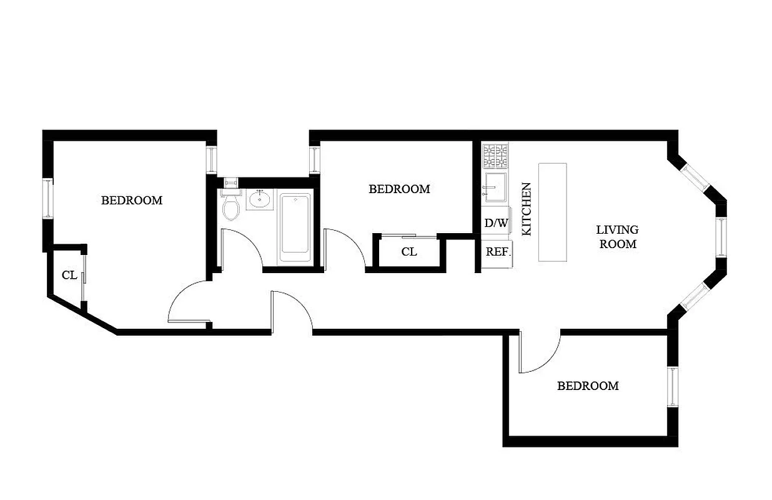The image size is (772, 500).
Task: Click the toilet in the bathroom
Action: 231,206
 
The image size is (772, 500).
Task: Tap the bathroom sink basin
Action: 259,200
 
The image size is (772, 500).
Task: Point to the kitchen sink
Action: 497,185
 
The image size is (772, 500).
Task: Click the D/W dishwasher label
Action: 496,223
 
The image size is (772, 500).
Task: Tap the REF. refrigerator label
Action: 498,252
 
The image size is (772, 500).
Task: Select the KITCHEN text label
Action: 526,209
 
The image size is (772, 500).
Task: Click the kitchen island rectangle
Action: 553,212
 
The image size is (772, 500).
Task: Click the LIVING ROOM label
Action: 617,237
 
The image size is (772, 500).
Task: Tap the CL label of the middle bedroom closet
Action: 409,252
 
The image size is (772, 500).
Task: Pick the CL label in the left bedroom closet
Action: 69,275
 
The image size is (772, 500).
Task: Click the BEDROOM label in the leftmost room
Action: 132,201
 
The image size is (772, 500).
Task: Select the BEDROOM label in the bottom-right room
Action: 588,386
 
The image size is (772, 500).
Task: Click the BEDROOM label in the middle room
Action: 399,189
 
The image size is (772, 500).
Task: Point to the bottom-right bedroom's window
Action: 673,387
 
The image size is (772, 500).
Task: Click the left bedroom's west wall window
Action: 47,199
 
